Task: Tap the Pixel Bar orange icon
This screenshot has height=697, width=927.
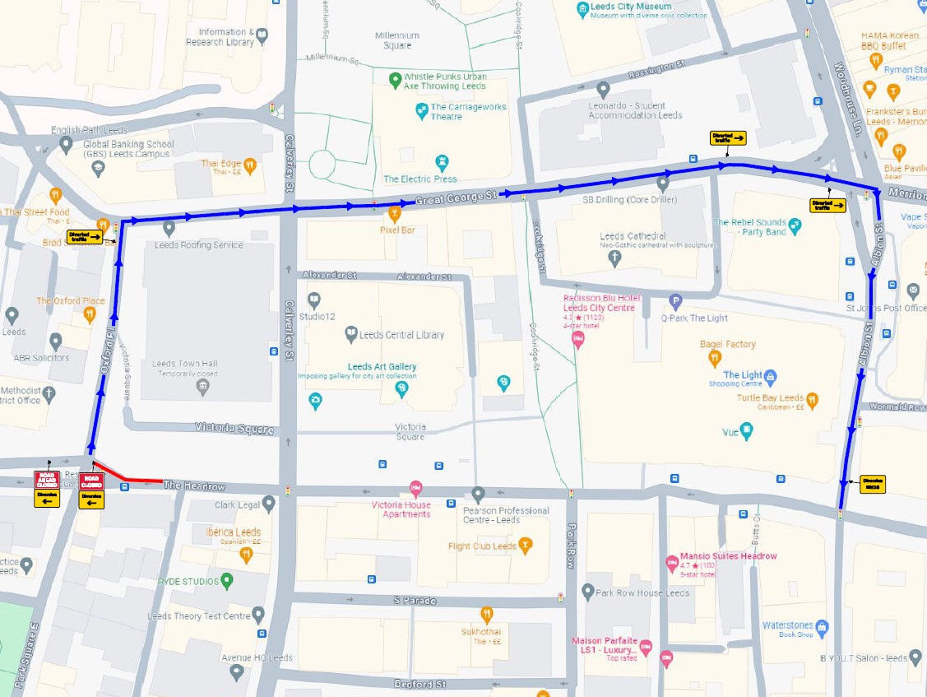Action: [395, 215]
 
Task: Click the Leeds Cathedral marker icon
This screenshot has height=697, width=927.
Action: [614, 257]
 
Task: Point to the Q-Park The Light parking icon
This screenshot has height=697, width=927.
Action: [675, 301]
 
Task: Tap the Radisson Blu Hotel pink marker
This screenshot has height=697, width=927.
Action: [577, 339]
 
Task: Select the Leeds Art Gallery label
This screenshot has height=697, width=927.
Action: [382, 367]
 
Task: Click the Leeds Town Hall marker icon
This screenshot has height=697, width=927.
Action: [203, 387]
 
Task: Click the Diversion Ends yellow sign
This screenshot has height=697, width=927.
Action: [873, 484]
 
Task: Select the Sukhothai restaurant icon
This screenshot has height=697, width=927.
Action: [487, 614]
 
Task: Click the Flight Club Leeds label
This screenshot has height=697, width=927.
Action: [482, 546]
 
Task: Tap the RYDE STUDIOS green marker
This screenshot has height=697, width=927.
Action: [228, 581]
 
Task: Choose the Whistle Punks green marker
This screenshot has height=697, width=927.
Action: [395, 80]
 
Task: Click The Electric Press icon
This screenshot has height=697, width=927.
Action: [444, 160]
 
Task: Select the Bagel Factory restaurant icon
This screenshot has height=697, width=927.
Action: [715, 358]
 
